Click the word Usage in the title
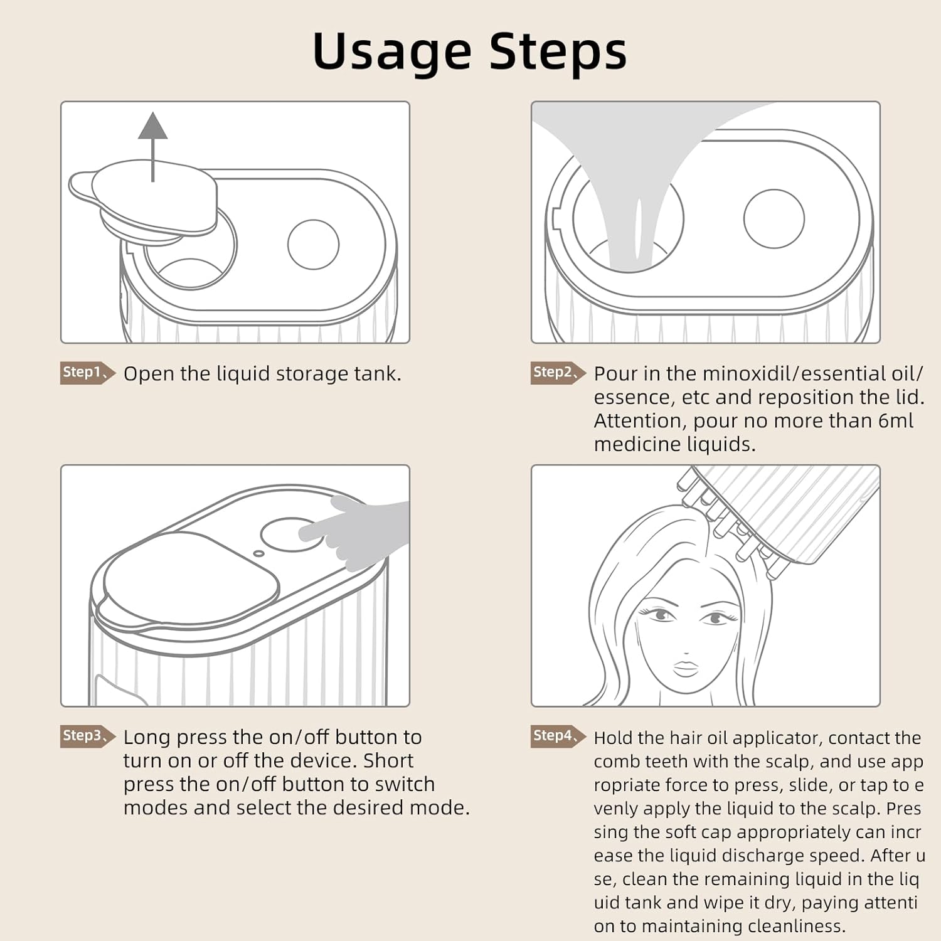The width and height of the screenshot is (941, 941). click(391, 51)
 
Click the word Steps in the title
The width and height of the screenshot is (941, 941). click(558, 51)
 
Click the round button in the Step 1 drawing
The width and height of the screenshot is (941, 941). click(313, 245)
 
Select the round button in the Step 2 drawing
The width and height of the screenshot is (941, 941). click(774, 219)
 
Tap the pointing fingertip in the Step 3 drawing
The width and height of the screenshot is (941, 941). click(307, 533)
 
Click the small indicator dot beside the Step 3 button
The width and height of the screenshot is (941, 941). click(258, 553)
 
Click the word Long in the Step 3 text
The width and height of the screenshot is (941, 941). click(147, 737)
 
